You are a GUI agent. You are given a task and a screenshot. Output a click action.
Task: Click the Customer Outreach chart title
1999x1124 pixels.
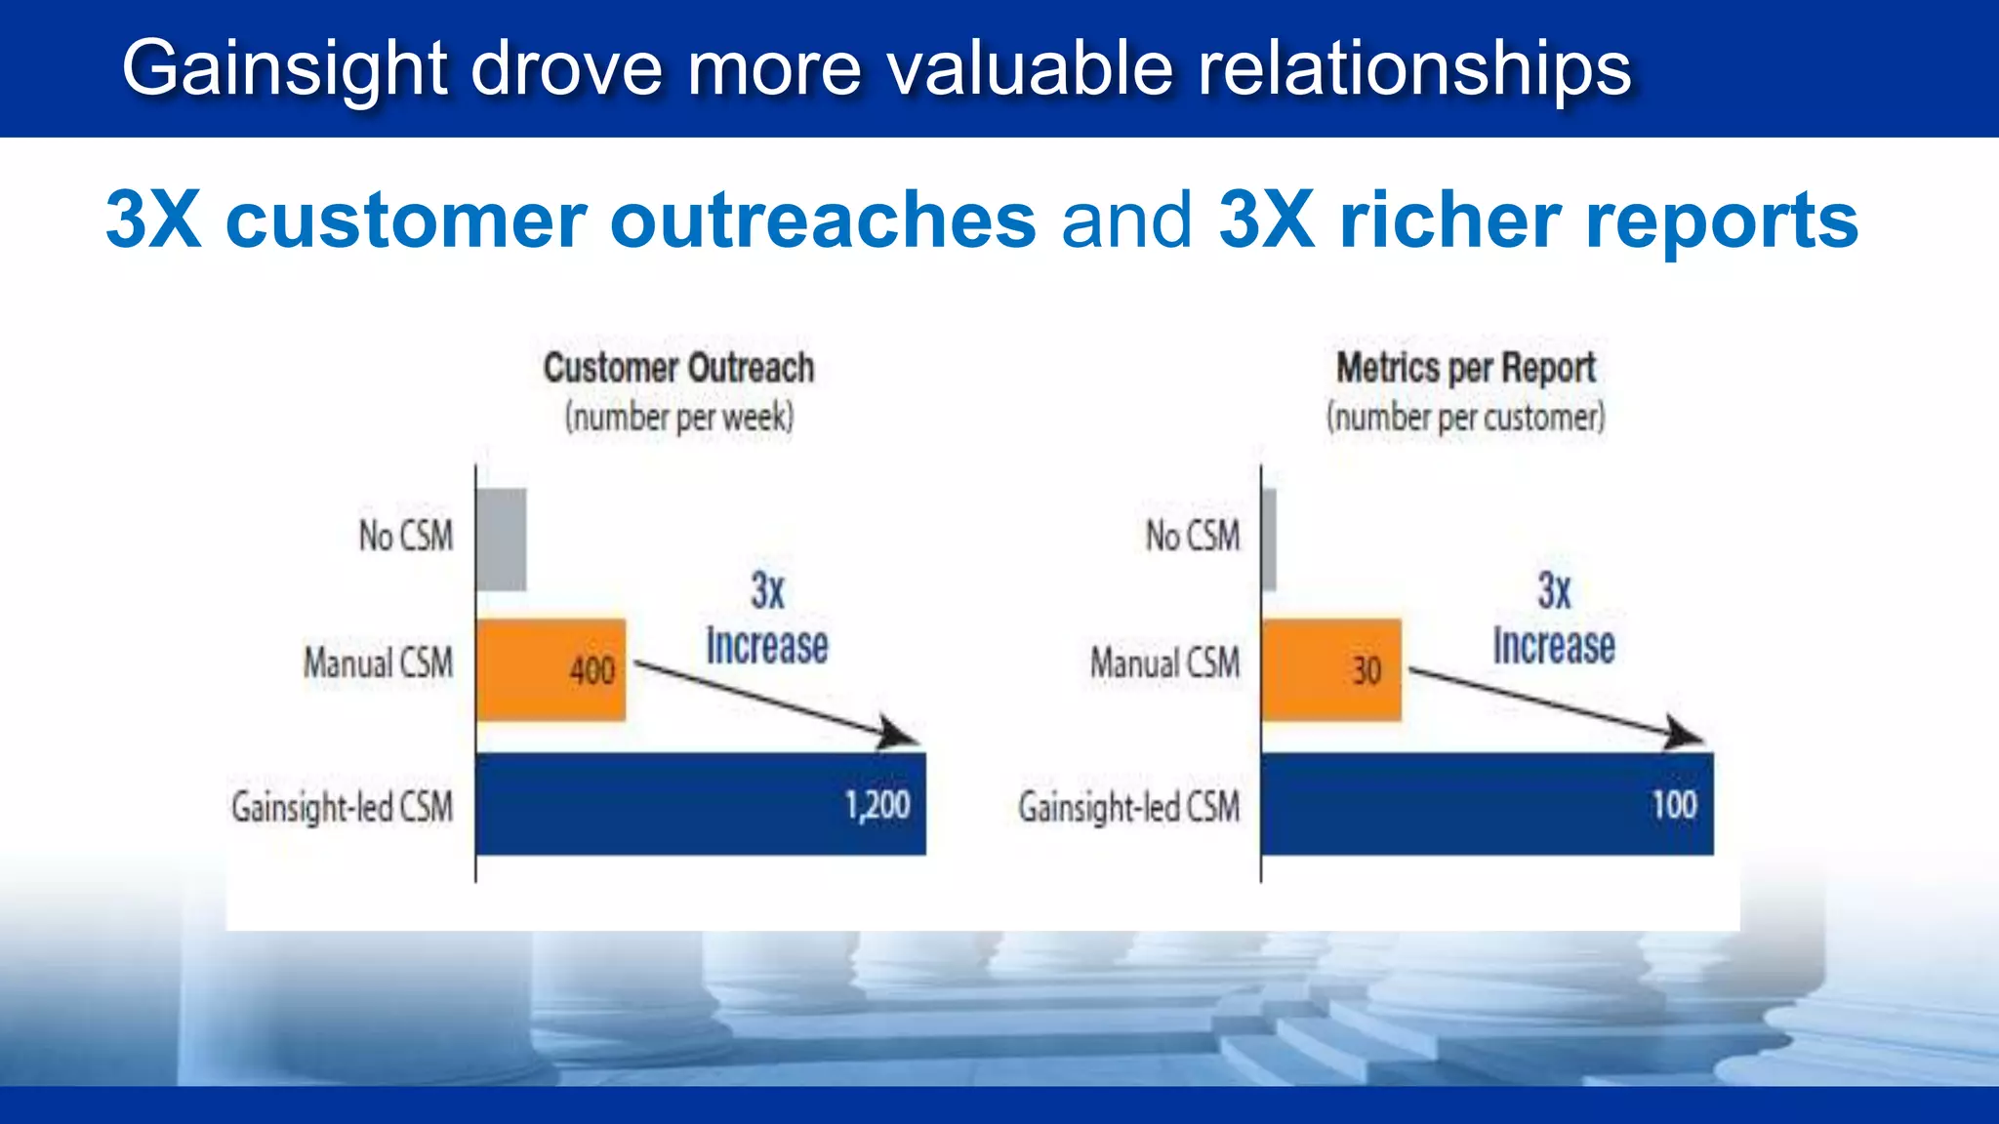pyautogui.click(x=678, y=368)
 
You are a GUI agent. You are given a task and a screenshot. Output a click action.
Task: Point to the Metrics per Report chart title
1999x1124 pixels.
pyautogui.click(x=1465, y=368)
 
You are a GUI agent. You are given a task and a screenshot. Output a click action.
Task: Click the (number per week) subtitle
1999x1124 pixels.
pyautogui.click(x=678, y=418)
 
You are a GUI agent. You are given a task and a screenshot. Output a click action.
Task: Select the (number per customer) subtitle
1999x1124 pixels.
pyautogui.click(x=1465, y=418)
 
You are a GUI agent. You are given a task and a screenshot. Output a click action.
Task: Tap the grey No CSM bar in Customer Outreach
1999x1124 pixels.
pyautogui.click(x=502, y=540)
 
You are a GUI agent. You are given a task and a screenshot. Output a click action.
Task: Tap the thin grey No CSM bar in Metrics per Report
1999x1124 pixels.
pyautogui.click(x=1269, y=540)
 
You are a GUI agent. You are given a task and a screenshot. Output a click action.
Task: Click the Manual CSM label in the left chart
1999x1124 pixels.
pyautogui.click(x=378, y=663)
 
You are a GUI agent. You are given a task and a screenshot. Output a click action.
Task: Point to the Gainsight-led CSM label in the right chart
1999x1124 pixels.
pyautogui.click(x=1128, y=807)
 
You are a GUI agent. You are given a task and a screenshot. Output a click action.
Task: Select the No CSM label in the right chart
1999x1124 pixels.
pyautogui.click(x=1192, y=536)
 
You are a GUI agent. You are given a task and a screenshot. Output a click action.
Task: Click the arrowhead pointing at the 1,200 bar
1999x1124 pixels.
pyautogui.click(x=898, y=734)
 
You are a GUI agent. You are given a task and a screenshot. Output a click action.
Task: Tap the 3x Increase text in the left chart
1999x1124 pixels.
pyautogui.click(x=767, y=619)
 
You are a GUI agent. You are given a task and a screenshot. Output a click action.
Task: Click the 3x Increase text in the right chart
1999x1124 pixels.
pyautogui.click(x=1554, y=619)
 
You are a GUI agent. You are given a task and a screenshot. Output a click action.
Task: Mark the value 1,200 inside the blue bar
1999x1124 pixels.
pyautogui.click(x=877, y=805)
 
